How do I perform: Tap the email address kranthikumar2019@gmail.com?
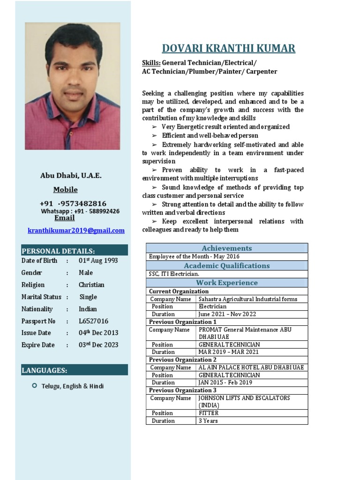[x=76, y=230]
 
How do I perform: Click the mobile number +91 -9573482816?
[x=73, y=203]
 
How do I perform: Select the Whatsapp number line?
[x=80, y=211]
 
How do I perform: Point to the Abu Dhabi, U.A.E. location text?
[x=71, y=176]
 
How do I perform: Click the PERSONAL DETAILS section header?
[x=58, y=251]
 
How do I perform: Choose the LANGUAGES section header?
[x=45, y=370]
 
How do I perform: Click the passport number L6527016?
[x=93, y=321]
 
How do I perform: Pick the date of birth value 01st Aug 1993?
[x=98, y=261]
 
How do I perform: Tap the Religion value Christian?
[x=91, y=285]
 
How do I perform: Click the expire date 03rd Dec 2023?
[x=98, y=345]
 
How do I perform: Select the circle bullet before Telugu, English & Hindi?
[x=34, y=385]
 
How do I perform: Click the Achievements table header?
[x=226, y=248]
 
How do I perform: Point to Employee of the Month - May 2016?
[x=194, y=256]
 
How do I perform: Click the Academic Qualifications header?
[x=226, y=266]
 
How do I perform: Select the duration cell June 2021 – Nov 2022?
[x=227, y=314]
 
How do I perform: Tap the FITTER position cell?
[x=209, y=413]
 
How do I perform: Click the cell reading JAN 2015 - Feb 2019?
[x=225, y=382]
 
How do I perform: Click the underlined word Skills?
[x=151, y=63]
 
